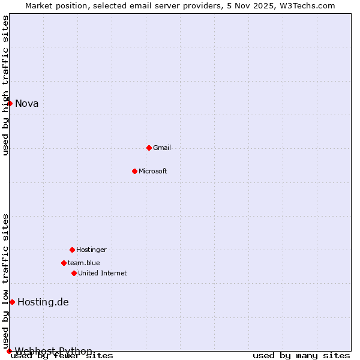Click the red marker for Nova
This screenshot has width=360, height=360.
tap(10, 103)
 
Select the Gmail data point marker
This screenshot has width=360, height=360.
tap(149, 148)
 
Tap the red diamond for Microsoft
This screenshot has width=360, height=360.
tap(134, 171)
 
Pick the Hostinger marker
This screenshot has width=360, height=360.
tap(72, 250)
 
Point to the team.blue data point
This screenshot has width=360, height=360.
tap(64, 263)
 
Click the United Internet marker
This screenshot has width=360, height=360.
tap(74, 273)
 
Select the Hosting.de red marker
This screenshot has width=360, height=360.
tap(12, 302)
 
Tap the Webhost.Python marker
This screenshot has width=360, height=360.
tap(9, 351)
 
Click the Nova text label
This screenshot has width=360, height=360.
tap(27, 103)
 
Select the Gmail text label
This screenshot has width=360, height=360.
tap(162, 148)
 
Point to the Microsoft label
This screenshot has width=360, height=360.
tap(153, 171)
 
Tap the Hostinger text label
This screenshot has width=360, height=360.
tap(91, 250)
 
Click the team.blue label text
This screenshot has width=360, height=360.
tap(84, 263)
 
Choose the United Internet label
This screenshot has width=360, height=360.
tap(103, 273)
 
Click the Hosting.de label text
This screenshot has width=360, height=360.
tap(43, 302)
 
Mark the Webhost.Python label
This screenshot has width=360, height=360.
tap(54, 351)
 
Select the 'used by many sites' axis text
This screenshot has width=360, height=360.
tap(301, 355)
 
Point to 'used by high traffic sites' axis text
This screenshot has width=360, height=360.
tap(5, 85)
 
